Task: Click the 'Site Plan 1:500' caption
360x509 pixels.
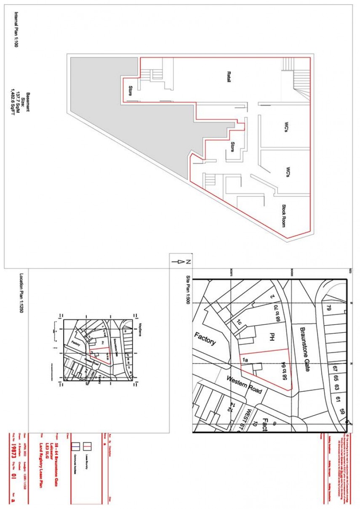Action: point(188,291)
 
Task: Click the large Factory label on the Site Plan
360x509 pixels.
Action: point(205,339)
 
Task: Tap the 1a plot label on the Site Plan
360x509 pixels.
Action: point(245,361)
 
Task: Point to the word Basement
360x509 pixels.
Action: point(28,103)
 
